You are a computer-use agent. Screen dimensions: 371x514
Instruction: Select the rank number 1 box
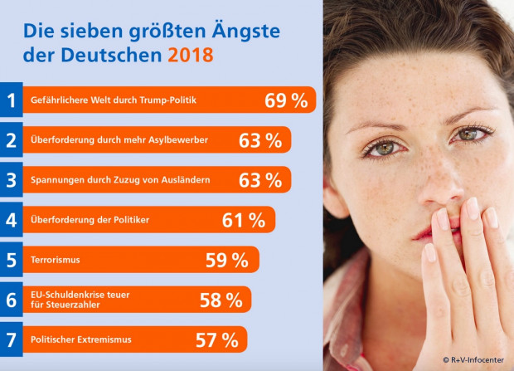11,100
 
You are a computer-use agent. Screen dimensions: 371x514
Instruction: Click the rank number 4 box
11,220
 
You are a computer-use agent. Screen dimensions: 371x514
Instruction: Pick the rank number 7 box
11,339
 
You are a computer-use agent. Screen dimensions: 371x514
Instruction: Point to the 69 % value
286,100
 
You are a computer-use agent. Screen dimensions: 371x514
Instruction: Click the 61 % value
244,220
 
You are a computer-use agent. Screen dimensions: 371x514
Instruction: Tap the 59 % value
227,260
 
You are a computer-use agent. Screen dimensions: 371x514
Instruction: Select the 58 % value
221,300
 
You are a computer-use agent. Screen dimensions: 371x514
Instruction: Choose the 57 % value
216,339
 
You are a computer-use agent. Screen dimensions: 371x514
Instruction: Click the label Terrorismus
55,260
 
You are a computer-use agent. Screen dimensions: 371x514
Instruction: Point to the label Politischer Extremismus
80,339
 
